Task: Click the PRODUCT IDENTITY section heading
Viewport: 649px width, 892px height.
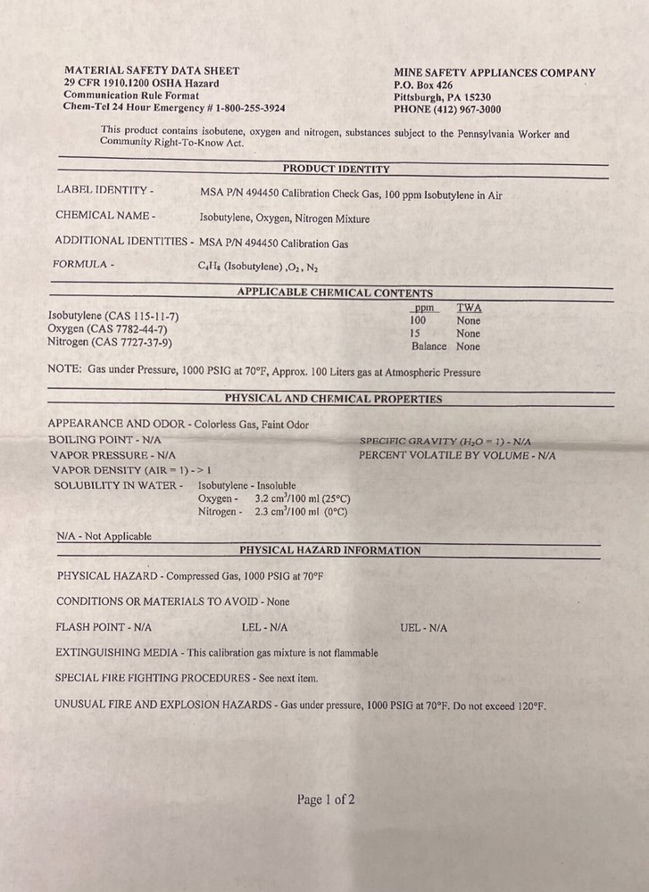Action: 336,168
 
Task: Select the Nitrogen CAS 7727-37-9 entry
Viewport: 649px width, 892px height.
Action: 110,342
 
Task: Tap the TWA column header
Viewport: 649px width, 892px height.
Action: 469,307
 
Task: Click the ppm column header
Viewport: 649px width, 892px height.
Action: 423,307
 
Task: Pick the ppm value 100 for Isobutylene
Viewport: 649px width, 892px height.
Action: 418,320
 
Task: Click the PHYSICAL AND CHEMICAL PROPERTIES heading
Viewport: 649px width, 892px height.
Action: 333,399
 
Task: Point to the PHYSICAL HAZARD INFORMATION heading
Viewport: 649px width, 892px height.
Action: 330,550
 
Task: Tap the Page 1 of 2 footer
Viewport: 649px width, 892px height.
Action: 326,799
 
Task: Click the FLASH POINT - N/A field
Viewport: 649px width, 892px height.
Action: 104,628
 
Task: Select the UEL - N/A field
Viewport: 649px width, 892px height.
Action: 424,628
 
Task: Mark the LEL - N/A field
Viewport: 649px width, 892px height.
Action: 264,628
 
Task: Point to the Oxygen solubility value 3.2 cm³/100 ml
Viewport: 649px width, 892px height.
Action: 303,499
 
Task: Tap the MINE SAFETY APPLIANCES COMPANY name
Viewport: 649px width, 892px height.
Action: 494,73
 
